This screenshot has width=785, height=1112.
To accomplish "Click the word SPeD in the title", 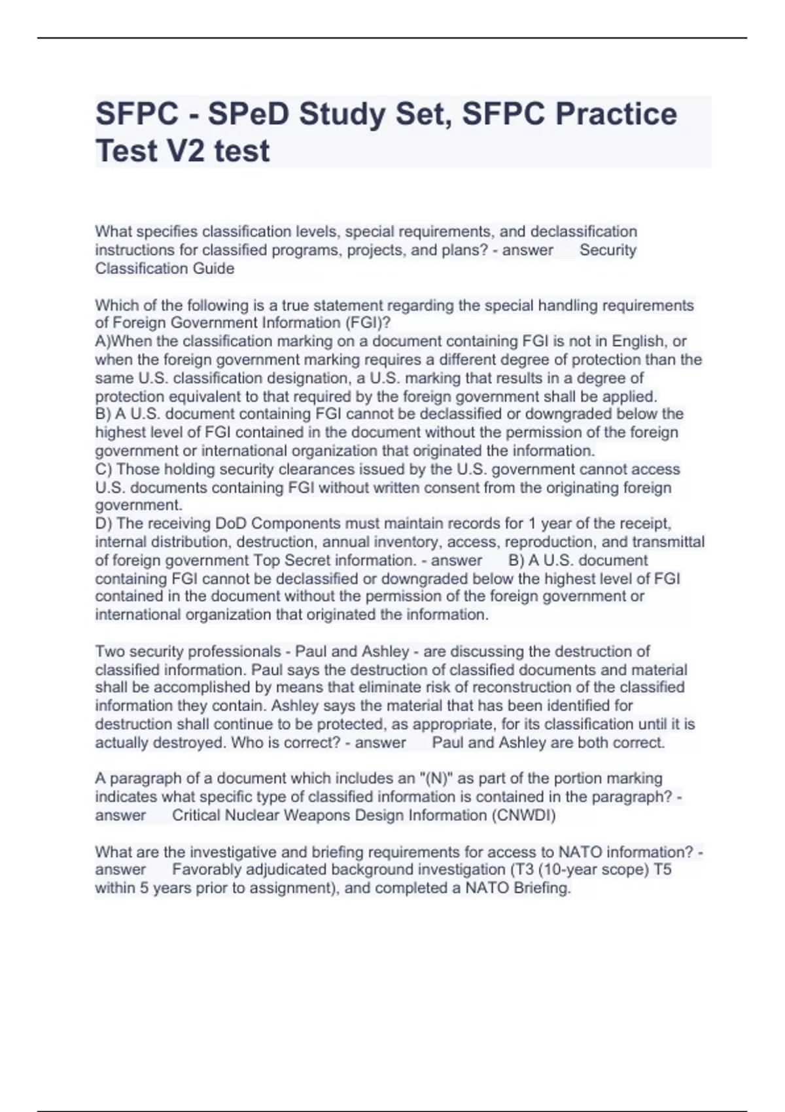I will pyautogui.click(x=248, y=114).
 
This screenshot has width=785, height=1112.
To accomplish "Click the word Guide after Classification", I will pyautogui.click(x=213, y=268).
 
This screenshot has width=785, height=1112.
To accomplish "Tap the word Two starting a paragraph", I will pyautogui.click(x=110, y=652).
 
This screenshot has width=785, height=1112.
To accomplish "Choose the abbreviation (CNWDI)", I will pyautogui.click(x=523, y=815).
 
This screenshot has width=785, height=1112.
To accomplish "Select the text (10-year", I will pyautogui.click(x=567, y=869).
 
